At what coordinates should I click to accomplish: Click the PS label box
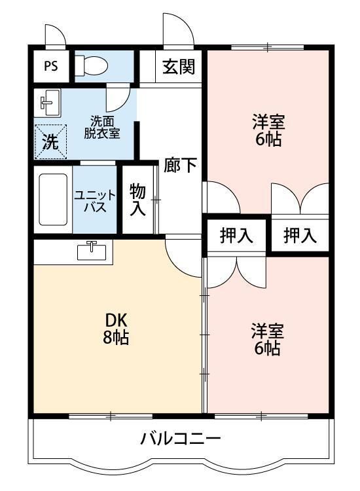point(50,65)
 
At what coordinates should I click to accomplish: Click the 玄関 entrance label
point(179,67)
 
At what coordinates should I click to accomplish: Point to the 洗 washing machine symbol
point(50,140)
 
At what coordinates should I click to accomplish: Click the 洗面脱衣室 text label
point(105,126)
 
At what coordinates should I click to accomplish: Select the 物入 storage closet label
point(137,200)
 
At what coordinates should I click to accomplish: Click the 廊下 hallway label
point(179,165)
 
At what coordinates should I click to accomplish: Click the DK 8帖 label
point(116,329)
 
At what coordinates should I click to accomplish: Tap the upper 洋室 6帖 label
point(268,130)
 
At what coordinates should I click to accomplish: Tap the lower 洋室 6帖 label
point(267,339)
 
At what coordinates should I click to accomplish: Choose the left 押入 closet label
point(236,236)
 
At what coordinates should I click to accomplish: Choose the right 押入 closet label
point(300,236)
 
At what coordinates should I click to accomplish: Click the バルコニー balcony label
point(181,439)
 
